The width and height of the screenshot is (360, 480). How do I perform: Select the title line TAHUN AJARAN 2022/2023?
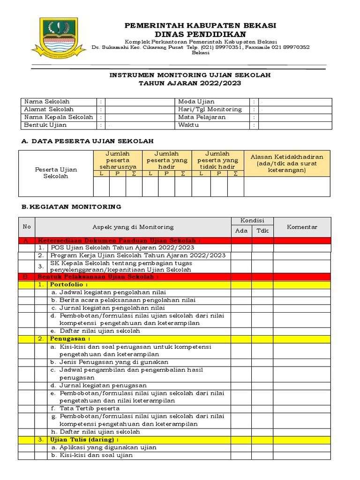pyautogui.click(x=190, y=83)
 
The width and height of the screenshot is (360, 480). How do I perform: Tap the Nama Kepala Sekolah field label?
pyautogui.click(x=58, y=117)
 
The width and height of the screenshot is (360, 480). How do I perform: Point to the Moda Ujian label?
pyautogui.click(x=196, y=101)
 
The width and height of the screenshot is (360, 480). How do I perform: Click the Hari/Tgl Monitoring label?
pyautogui.click(x=210, y=109)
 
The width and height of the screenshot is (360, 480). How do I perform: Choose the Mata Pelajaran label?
pyautogui.click(x=202, y=117)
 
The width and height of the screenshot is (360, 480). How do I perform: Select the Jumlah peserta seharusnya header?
pyautogui.click(x=118, y=160)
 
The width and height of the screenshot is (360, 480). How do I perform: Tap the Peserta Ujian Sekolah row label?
pyautogui.click(x=56, y=172)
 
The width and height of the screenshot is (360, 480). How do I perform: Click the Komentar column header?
pyautogui.click(x=302, y=227)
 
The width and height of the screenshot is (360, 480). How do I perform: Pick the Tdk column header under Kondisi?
pyautogui.click(x=263, y=231)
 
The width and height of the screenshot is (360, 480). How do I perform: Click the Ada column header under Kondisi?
pyautogui.click(x=241, y=231)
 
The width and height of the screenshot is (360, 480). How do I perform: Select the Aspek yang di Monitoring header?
pyautogui.click(x=133, y=227)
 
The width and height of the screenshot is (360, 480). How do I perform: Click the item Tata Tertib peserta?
pyautogui.click(x=85, y=408)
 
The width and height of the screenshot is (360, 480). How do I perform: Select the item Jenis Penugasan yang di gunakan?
pyautogui.click(x=109, y=362)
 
